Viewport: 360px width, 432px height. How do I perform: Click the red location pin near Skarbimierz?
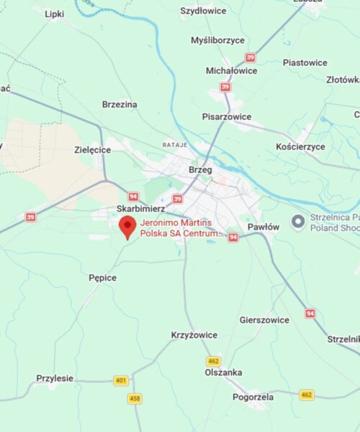tap(127, 227)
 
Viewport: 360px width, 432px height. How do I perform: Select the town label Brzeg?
tap(199, 170)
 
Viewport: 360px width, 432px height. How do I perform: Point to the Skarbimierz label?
tap(140, 208)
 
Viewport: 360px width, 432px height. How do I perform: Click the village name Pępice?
tap(102, 277)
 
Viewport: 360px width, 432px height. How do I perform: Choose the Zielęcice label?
tap(92, 150)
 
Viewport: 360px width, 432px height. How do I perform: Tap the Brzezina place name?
tap(120, 104)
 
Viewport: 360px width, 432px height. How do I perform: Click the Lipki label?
tap(54, 14)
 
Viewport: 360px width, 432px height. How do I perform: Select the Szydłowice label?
tap(202, 11)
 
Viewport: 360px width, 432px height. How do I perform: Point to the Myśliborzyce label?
tap(217, 40)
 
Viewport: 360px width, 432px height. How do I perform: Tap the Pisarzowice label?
tap(227, 116)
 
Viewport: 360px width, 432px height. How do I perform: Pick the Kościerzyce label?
tap(300, 146)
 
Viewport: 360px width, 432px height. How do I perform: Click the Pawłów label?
tap(263, 227)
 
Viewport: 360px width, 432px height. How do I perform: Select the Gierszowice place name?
tap(264, 320)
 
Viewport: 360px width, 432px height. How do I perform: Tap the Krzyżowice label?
tap(194, 335)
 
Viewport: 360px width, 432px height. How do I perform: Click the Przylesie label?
tap(55, 378)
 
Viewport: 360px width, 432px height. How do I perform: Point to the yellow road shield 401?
tap(120, 380)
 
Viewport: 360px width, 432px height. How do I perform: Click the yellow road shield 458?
tap(135, 398)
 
